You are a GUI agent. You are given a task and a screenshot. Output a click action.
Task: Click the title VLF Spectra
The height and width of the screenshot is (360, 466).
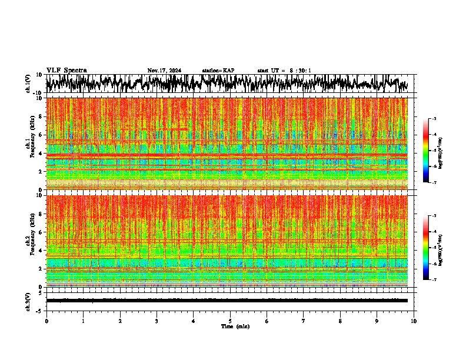click(x=66, y=70)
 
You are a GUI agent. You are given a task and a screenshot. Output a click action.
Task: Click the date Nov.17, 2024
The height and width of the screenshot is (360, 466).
click(x=164, y=71)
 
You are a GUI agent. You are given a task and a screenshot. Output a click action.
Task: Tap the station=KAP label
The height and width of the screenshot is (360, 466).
click(x=218, y=71)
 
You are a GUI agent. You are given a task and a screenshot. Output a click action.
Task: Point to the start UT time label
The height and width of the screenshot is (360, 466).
click(x=284, y=71)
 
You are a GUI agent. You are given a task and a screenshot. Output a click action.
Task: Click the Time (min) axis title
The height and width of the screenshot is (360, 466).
click(x=235, y=326)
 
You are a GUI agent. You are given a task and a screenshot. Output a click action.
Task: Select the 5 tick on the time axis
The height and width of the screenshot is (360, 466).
click(x=230, y=321)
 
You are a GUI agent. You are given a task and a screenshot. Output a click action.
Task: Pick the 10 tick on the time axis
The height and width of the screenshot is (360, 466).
click(x=414, y=321)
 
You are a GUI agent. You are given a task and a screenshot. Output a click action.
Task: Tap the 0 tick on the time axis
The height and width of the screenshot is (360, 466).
click(x=46, y=321)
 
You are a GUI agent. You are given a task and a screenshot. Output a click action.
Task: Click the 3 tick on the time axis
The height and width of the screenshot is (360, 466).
click(x=157, y=321)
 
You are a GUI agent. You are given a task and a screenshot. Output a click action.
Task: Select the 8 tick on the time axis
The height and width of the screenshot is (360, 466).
click(x=340, y=321)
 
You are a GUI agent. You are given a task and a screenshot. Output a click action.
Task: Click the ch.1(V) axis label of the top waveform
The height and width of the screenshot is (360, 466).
click(x=28, y=84)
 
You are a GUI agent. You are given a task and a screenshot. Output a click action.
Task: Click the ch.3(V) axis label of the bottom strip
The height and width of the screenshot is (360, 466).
click(x=28, y=301)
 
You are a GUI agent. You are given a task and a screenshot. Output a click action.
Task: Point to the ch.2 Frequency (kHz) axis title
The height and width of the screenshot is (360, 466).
click(x=31, y=241)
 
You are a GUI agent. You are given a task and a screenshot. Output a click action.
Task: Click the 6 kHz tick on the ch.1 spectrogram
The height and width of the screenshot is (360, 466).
click(x=41, y=135)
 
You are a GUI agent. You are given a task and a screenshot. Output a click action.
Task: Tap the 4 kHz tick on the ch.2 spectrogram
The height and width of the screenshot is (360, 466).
click(x=41, y=251)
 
